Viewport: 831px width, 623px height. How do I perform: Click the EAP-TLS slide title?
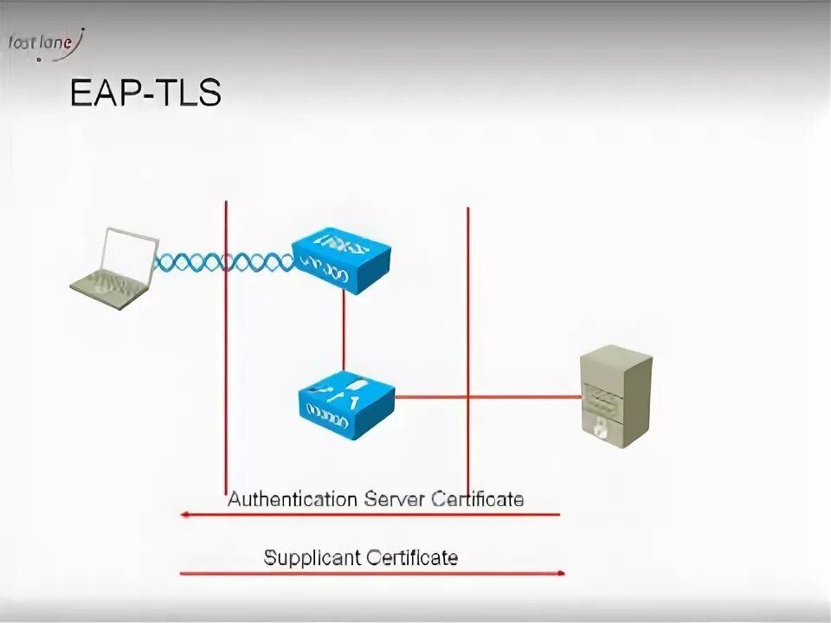pos(145,93)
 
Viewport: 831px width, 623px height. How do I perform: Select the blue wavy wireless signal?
pos(223,261)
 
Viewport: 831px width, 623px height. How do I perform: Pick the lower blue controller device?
pos(345,403)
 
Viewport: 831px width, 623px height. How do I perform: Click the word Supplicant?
pos(311,557)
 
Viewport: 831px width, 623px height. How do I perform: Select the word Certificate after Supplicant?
pos(411,557)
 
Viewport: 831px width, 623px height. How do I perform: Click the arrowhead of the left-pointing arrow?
pos(184,515)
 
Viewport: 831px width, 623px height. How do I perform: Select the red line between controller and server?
pos(519,397)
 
